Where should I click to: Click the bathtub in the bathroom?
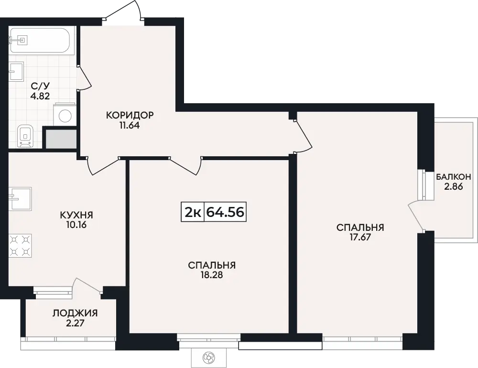pos(39,41)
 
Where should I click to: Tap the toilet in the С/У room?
pos(25,136)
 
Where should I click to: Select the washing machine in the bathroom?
pos(65,115)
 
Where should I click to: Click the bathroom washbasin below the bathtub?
pos(16,71)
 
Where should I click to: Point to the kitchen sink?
pos(20,199)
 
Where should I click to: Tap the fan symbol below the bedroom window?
pos(209,357)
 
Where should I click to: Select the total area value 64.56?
pos(225,212)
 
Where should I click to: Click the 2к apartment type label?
pos(193,212)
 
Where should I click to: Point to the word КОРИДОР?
pos(130,115)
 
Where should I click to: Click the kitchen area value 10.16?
pos(76,225)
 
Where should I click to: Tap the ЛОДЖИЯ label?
pos(75,313)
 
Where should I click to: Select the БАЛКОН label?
pos(453,176)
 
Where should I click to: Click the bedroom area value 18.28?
pos(212,275)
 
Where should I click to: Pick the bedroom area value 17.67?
pos(360,237)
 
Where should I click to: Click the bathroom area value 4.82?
pos(40,96)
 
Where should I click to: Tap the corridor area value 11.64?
pos(130,125)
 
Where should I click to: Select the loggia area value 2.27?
pos(75,323)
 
